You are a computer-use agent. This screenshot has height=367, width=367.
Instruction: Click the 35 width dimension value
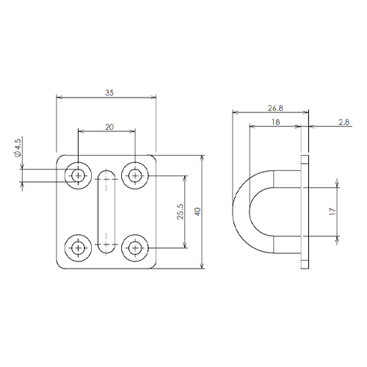(109, 93)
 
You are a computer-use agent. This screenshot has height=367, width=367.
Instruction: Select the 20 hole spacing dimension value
(109, 127)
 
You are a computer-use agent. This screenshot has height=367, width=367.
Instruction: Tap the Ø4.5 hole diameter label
(18, 147)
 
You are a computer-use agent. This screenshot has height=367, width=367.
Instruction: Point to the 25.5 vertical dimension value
(181, 211)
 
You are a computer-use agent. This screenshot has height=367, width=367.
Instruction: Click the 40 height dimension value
(197, 211)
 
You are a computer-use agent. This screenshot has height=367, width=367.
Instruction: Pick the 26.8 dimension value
(275, 108)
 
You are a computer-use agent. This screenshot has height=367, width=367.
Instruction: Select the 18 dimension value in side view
(275, 122)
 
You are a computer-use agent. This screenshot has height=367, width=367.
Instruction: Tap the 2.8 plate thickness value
(344, 122)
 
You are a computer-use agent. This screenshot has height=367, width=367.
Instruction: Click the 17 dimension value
(333, 211)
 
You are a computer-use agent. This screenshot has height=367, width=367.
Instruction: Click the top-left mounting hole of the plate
(78, 175)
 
